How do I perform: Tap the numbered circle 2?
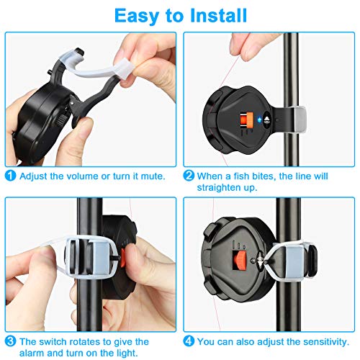pyautogui.click(x=189, y=175)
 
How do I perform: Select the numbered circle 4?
pyautogui.click(x=189, y=341)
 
